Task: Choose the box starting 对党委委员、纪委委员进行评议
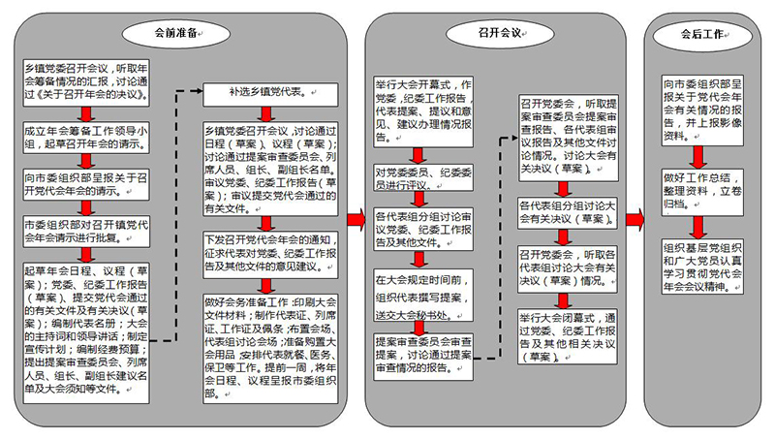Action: tap(418, 174)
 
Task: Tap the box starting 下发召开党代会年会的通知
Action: tap(270, 251)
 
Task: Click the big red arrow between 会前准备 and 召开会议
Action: tap(356, 219)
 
